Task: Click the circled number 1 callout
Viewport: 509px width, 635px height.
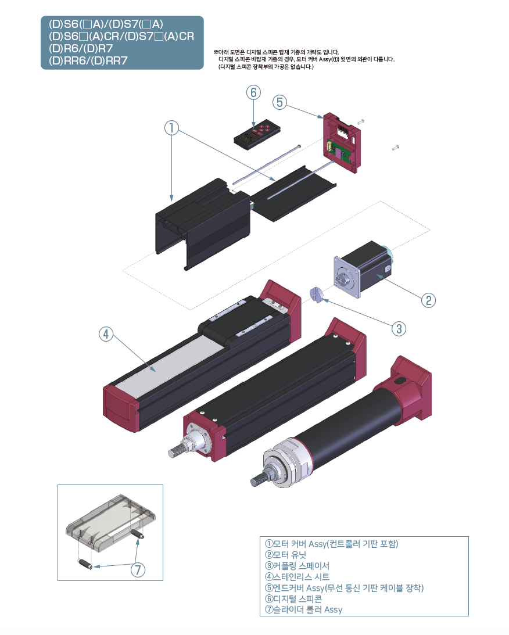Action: [172, 128]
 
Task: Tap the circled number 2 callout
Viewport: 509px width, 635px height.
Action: [428, 300]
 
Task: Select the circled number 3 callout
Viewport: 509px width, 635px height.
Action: [399, 328]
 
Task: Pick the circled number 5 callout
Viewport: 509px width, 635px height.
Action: [279, 102]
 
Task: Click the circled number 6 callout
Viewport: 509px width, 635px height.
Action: [253, 92]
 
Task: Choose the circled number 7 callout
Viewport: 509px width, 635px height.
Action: [137, 570]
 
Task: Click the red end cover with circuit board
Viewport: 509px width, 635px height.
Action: [343, 143]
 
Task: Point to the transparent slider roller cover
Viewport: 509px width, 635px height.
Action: [110, 521]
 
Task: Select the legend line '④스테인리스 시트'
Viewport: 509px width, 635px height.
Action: [297, 577]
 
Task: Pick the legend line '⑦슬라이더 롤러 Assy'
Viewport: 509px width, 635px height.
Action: [303, 609]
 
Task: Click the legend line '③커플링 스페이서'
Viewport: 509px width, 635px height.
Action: [297, 566]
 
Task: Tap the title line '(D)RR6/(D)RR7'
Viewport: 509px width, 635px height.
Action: [88, 60]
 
